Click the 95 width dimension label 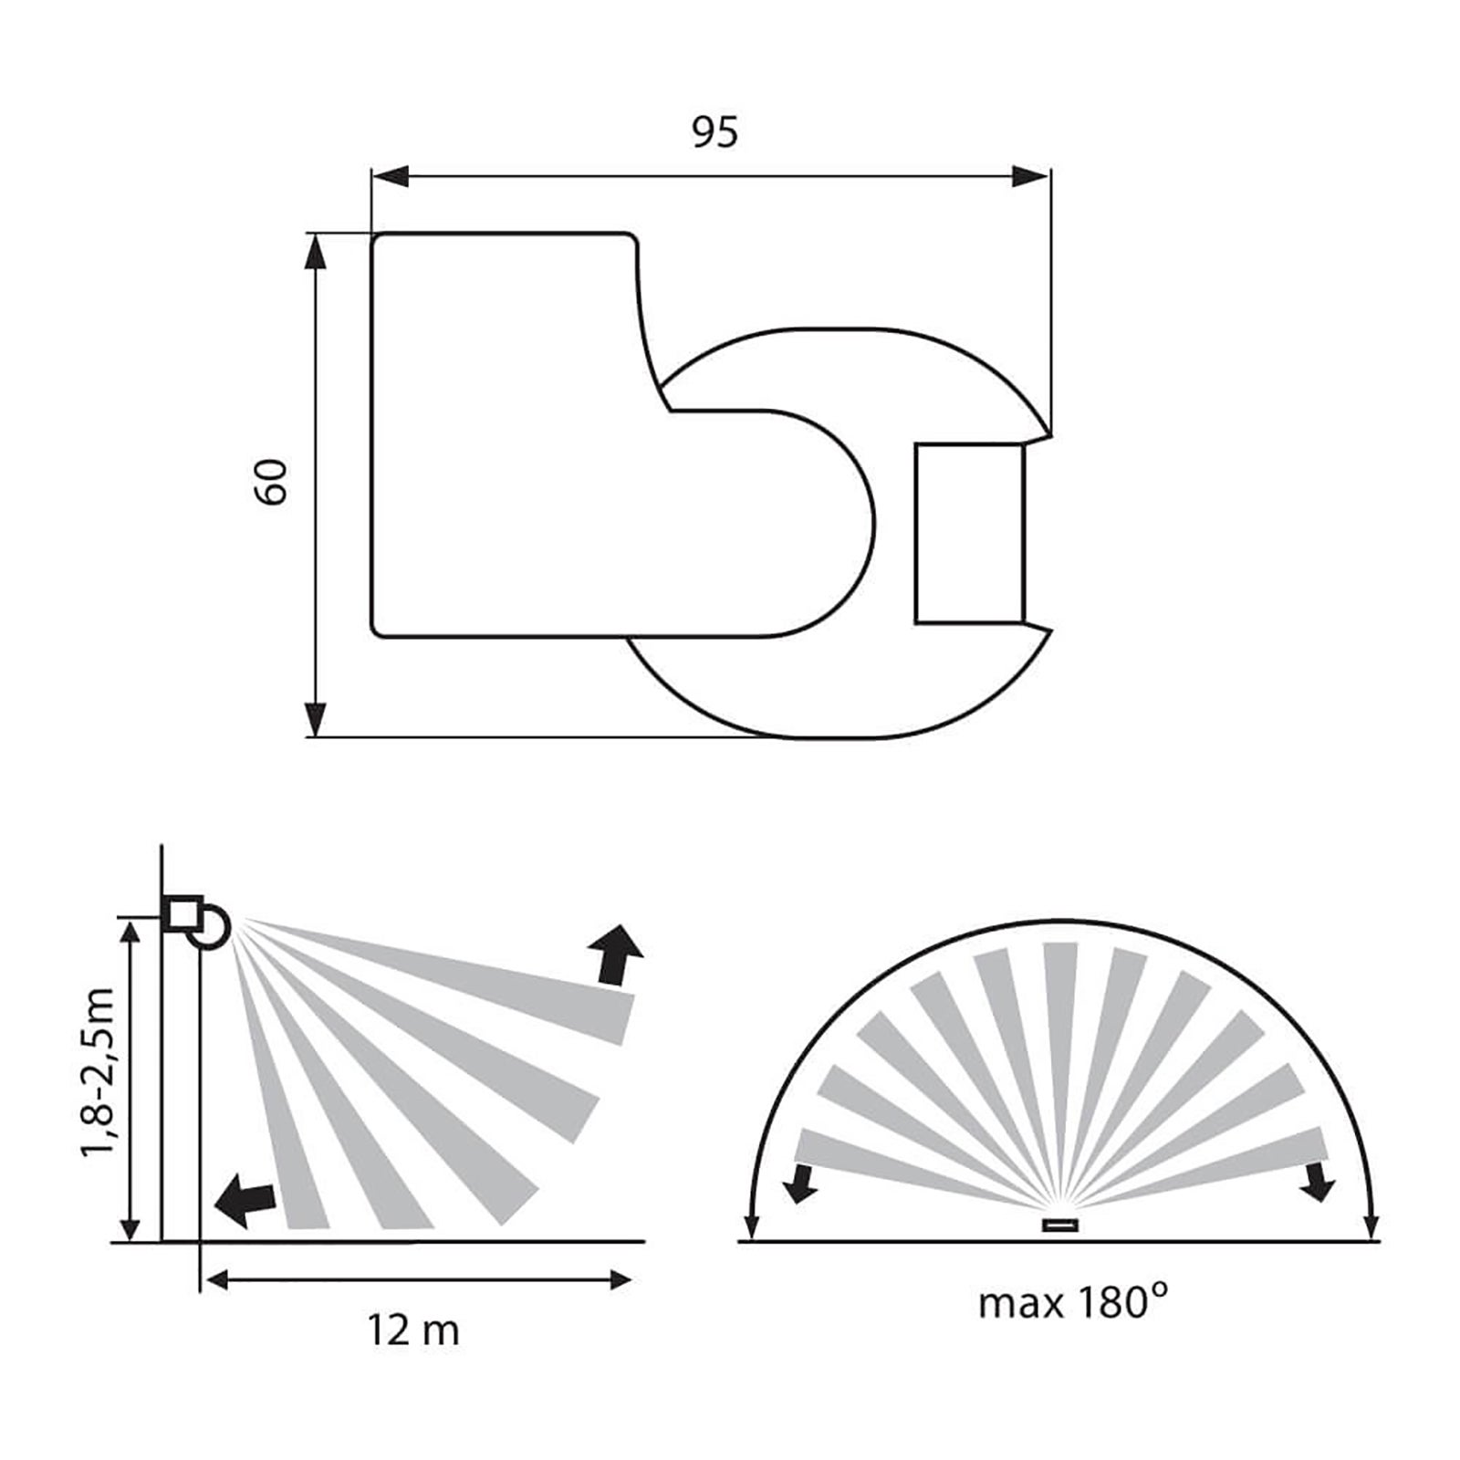[x=714, y=133]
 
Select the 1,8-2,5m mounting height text [x=98, y=1071]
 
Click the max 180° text [x=1072, y=1303]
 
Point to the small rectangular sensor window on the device [x=969, y=535]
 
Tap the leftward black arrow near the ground [x=244, y=1201]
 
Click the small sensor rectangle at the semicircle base [x=1061, y=1226]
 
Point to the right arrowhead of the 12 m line [x=620, y=1281]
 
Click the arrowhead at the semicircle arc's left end [x=751, y=1227]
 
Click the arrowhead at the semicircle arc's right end [x=1371, y=1227]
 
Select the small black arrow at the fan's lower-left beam [x=803, y=1184]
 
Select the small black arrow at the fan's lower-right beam [x=1319, y=1184]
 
